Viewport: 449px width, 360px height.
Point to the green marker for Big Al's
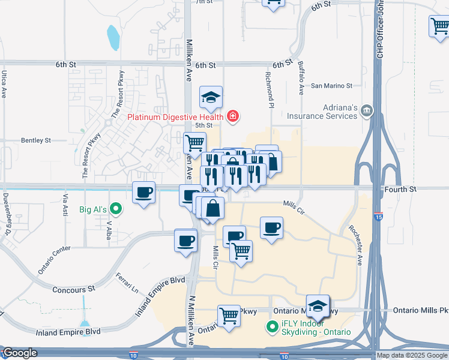point(117,209)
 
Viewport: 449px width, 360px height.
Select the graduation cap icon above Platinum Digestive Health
point(211,97)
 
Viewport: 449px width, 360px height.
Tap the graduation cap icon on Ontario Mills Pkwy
point(318,307)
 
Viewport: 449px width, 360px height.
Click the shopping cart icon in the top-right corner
point(439,26)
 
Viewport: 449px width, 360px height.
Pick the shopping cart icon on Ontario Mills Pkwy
point(229,314)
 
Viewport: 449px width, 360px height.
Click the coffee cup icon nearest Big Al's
point(143,193)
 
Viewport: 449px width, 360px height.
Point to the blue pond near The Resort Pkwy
point(112,37)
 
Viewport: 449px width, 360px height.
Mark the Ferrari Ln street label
point(127,283)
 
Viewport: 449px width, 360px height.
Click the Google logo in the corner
point(19,353)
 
